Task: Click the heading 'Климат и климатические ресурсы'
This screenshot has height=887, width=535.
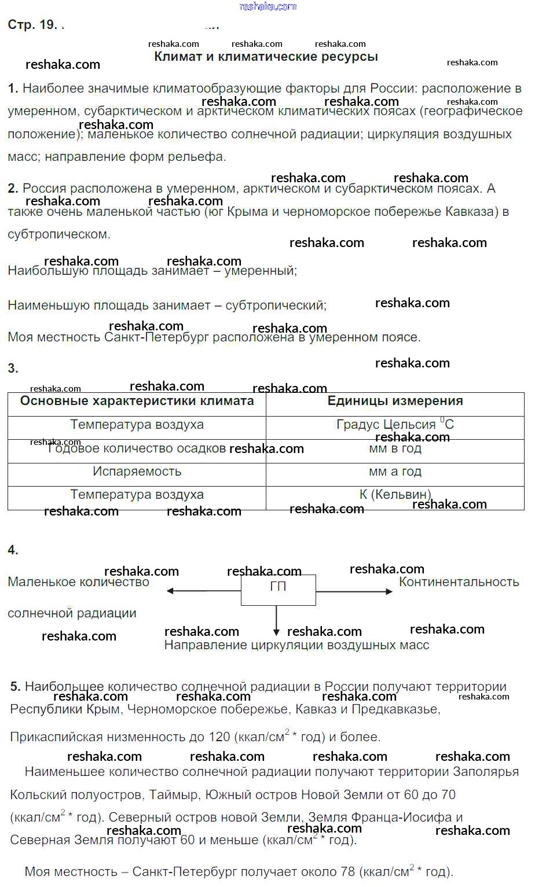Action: (x=266, y=57)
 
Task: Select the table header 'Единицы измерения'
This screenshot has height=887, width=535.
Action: (x=395, y=401)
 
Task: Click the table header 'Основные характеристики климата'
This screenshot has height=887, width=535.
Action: (x=137, y=401)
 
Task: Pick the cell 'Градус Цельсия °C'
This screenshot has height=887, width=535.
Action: (x=395, y=424)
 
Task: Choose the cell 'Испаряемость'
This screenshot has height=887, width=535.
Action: (x=137, y=472)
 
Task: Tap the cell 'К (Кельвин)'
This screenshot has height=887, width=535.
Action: (x=395, y=494)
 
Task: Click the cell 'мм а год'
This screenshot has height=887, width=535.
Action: (x=395, y=472)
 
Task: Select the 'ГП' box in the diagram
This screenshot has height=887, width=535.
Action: (x=279, y=589)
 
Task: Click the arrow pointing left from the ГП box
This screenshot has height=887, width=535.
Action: (x=203, y=591)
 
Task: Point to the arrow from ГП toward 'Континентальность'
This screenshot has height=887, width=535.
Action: (x=354, y=591)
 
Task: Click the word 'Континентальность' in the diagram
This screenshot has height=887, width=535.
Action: (x=459, y=582)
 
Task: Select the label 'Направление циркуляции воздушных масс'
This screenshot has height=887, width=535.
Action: (x=296, y=645)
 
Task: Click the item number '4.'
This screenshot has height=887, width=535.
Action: (x=13, y=550)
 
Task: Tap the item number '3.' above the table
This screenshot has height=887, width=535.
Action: (x=13, y=369)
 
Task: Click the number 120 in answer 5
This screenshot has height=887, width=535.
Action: (x=219, y=737)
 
